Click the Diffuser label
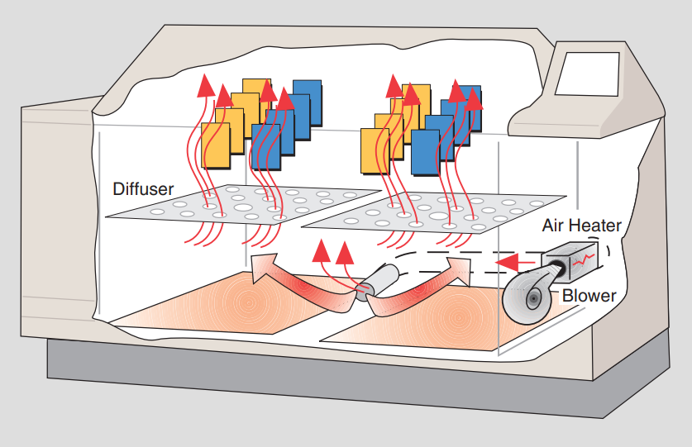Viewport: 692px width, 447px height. point(143,189)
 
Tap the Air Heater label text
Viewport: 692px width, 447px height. point(581,225)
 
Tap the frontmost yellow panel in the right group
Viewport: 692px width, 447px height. point(375,149)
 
